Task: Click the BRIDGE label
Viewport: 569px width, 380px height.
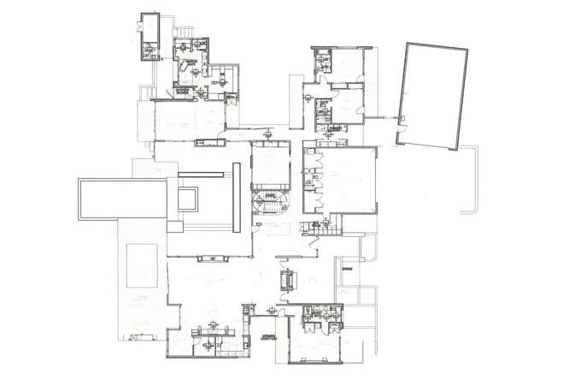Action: (x=347, y=270)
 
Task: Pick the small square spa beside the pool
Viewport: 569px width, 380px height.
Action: (x=189, y=200)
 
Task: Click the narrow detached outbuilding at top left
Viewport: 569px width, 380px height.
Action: (x=150, y=39)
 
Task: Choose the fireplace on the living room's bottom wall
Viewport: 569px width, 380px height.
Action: (x=210, y=257)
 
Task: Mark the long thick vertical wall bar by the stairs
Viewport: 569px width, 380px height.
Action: (x=235, y=197)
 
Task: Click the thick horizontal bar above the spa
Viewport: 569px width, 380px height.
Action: (x=200, y=174)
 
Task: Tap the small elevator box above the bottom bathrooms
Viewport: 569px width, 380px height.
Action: (x=287, y=281)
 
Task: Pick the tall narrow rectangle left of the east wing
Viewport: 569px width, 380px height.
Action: (x=296, y=102)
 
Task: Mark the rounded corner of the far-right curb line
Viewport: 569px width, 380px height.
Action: (x=465, y=210)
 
